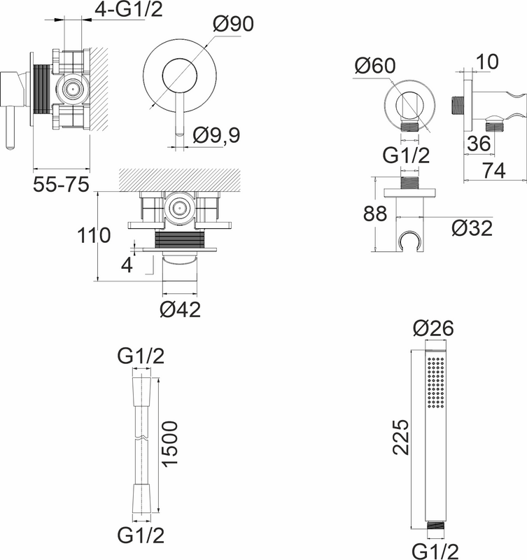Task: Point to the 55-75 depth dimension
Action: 61,185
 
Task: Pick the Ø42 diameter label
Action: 180,309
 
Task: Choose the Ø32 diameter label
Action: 472,229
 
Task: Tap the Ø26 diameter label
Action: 433,328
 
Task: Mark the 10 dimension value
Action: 484,62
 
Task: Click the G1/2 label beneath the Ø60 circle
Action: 406,155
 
